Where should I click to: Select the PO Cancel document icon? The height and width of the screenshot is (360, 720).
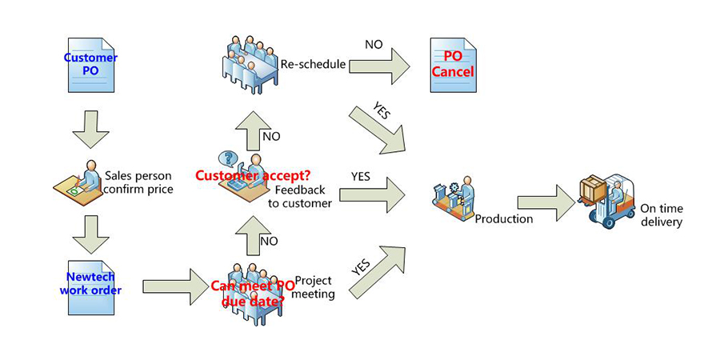tap(453, 65)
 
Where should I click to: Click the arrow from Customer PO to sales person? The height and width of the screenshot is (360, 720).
tap(90, 129)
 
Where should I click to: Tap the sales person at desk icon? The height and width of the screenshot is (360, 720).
tap(80, 182)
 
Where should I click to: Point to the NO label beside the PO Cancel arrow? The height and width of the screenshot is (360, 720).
tap(374, 44)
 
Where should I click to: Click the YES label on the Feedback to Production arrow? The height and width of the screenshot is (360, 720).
tap(361, 176)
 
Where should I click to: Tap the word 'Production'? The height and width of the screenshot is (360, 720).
tap(503, 218)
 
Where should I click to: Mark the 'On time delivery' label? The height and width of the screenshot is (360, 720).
tap(661, 215)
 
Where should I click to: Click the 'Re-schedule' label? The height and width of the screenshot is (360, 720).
tap(313, 64)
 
